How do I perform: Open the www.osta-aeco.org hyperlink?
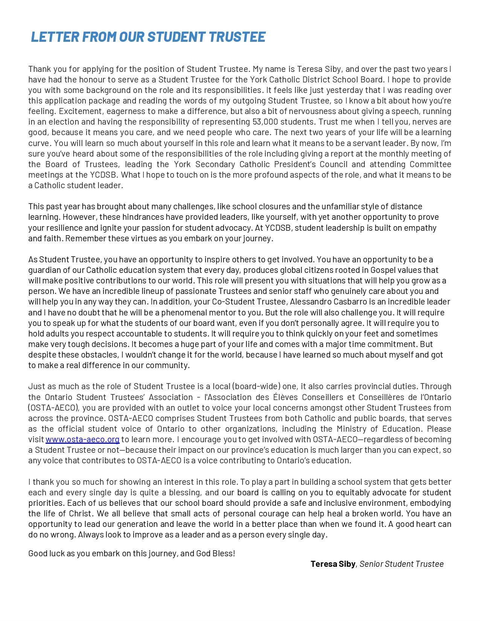[82, 439]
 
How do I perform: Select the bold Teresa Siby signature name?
[333, 564]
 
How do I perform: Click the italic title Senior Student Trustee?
[401, 564]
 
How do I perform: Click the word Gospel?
[382, 270]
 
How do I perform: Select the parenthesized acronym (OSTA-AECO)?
[54, 408]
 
